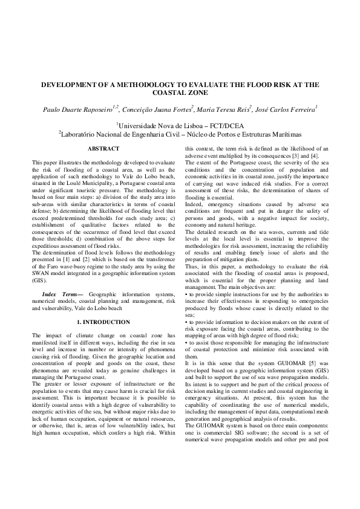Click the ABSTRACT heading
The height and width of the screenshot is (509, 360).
click(x=103, y=148)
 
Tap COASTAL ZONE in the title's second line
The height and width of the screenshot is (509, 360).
click(x=180, y=93)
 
